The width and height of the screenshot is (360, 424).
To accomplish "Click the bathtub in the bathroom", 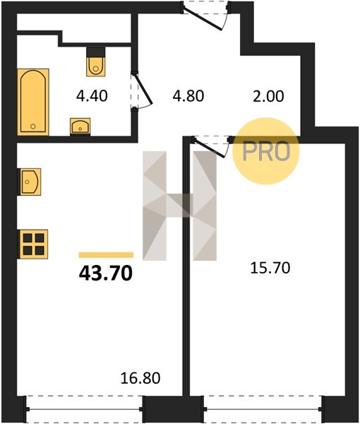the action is [33, 102].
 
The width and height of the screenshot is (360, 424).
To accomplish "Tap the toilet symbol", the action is [96, 62].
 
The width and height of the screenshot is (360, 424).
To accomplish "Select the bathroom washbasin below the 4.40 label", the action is [80, 126].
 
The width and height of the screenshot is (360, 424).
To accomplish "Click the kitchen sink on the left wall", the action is [29, 182].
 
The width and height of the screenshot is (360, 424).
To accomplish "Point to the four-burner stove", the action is [32, 245].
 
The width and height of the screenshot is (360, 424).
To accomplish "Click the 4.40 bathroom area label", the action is [92, 95].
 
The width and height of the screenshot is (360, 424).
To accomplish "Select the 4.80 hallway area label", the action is [188, 95].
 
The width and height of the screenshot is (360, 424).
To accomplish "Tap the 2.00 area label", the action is [268, 96].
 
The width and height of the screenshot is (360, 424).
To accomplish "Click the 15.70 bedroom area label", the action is [270, 268].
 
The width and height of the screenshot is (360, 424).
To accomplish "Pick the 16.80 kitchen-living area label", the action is [140, 378].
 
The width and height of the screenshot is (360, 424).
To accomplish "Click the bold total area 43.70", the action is [106, 273].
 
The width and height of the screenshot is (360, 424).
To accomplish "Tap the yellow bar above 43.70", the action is [106, 255].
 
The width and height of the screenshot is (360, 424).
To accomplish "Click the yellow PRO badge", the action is [266, 151].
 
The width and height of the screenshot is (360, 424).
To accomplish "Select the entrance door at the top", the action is [205, 14].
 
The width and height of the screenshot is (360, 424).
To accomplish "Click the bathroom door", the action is [141, 90].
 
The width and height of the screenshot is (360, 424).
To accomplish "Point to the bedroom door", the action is [212, 146].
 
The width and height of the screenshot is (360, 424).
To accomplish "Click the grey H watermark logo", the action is [179, 206].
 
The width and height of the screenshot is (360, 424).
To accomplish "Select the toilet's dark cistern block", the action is [96, 52].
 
